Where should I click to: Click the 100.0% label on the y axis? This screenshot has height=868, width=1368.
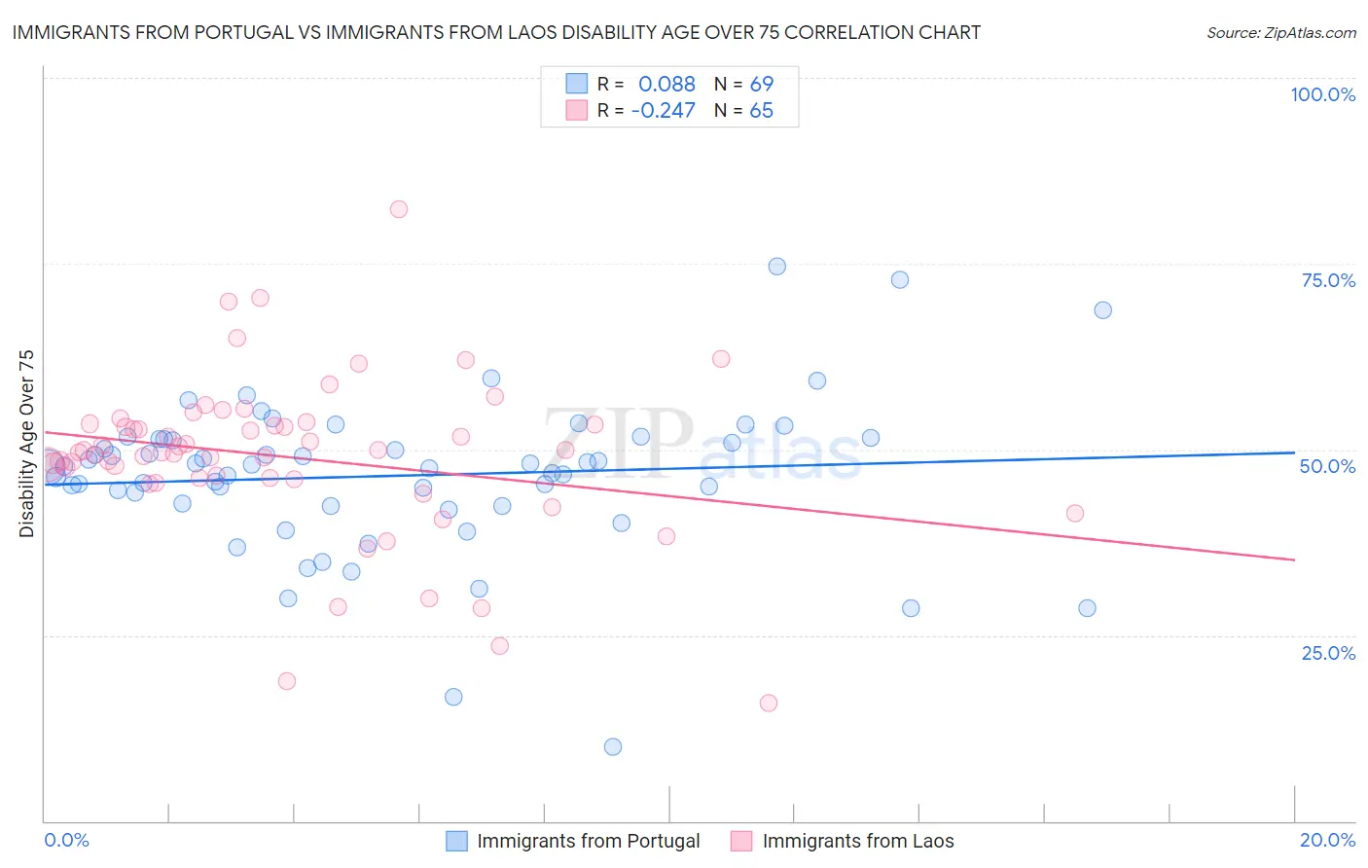(x=1322, y=94)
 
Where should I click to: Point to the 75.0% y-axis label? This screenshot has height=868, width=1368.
(x=1328, y=280)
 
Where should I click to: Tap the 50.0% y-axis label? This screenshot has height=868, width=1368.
(x=1327, y=466)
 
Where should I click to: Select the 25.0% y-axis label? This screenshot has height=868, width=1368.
(x=1328, y=653)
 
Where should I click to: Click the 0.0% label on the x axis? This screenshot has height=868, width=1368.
(x=67, y=840)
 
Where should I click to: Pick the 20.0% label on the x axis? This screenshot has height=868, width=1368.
(x=1327, y=840)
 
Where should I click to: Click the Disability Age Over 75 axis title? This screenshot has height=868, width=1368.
(x=26, y=443)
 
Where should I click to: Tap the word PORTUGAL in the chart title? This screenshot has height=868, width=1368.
(x=250, y=32)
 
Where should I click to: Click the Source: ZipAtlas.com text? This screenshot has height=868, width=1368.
(x=1280, y=32)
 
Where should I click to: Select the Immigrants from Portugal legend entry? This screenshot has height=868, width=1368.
(x=588, y=841)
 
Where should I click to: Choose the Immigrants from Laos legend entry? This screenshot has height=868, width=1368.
(x=857, y=841)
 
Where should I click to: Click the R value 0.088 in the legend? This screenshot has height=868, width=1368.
(x=666, y=85)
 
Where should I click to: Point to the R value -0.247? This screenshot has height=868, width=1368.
(x=663, y=111)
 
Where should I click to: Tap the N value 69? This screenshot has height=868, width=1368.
(x=761, y=85)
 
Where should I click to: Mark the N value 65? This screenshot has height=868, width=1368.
(x=761, y=111)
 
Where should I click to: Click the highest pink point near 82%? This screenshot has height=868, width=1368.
(x=398, y=209)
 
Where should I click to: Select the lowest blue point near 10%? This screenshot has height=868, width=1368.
(x=613, y=747)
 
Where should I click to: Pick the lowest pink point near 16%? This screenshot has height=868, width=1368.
(x=769, y=704)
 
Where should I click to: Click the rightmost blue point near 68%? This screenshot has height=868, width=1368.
(x=1102, y=310)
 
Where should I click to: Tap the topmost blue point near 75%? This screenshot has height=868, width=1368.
(x=776, y=267)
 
